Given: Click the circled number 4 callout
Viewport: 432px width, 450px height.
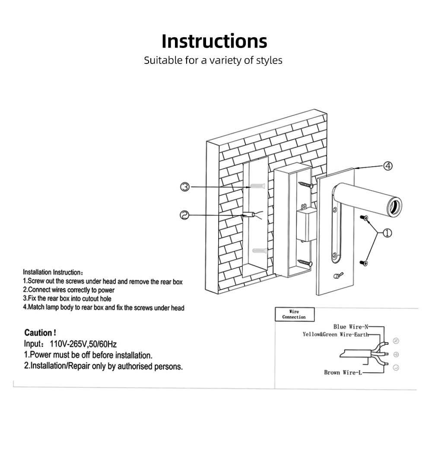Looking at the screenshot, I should pyautogui.click(x=388, y=166).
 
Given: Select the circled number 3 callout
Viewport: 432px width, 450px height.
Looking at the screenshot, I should pyautogui.click(x=185, y=187).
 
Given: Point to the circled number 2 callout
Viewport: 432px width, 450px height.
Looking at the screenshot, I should pyautogui.click(x=185, y=215).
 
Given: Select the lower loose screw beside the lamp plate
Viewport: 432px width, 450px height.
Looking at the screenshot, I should pyautogui.click(x=365, y=262).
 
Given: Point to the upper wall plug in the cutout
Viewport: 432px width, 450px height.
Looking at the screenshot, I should pyautogui.click(x=257, y=187).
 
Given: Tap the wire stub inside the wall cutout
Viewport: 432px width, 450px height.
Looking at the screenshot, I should pyautogui.click(x=250, y=215).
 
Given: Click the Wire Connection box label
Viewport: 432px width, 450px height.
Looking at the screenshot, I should pyautogui.click(x=294, y=314).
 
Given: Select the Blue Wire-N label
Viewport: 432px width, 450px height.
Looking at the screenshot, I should pyautogui.click(x=351, y=327).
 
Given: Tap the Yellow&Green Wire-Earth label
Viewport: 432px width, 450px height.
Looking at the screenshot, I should pyautogui.click(x=335, y=334).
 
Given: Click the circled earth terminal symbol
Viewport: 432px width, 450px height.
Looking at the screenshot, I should pyautogui.click(x=396, y=355).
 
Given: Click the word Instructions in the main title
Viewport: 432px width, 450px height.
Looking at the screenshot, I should pyautogui.click(x=214, y=41).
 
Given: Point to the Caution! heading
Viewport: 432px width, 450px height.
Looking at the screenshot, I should pyautogui.click(x=40, y=333).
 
